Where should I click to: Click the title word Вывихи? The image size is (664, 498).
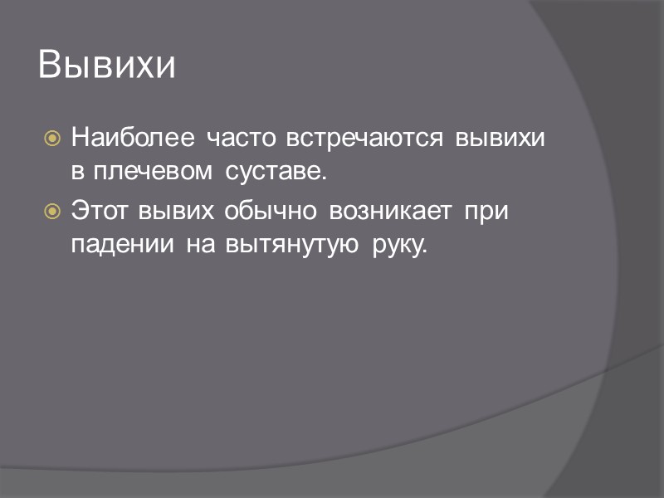pyautogui.click(x=107, y=66)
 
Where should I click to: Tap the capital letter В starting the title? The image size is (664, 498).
pyautogui.click(x=50, y=66)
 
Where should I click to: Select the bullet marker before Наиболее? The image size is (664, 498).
pyautogui.click(x=51, y=138)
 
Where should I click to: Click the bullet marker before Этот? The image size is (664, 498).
pyautogui.click(x=51, y=211)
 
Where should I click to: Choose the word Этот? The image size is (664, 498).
pyautogui.click(x=96, y=211)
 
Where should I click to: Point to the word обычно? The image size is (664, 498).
pyautogui.click(x=271, y=211)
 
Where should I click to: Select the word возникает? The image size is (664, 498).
pyautogui.click(x=390, y=211)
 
